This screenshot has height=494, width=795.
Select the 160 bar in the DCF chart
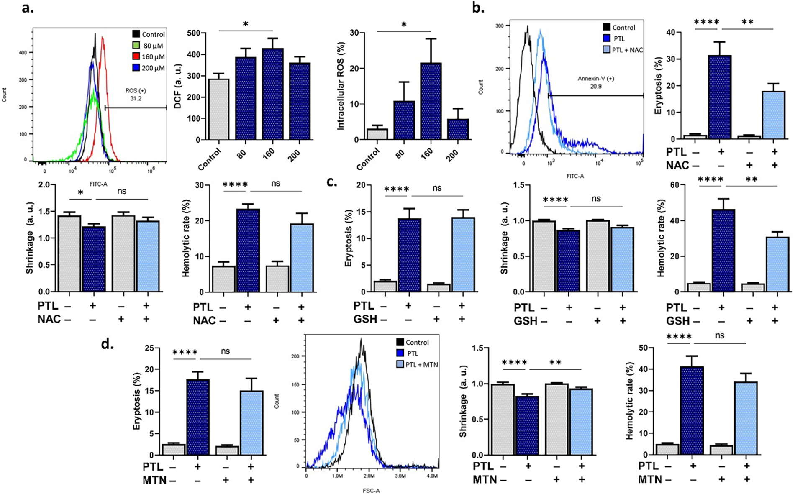pyautogui.click(x=272, y=94)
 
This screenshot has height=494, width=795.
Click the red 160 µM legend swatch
pyautogui.click(x=136, y=57)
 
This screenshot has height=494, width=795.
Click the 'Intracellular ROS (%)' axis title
pyautogui.click(x=341, y=86)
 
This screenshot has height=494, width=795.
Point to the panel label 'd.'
pyautogui.click(x=108, y=344)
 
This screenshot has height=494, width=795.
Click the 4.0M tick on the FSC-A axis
pyautogui.click(x=432, y=476)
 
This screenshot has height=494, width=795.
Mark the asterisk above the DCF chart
pyautogui.click(x=246, y=24)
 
